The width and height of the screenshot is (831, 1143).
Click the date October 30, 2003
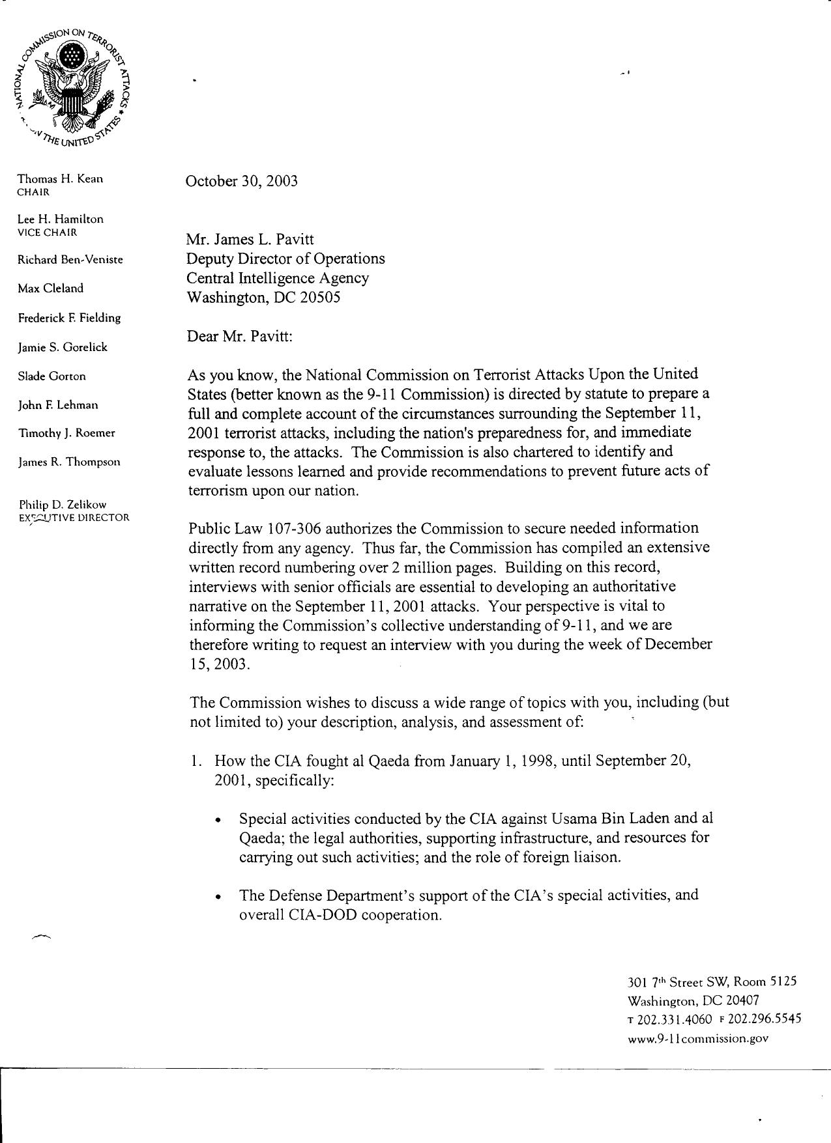click(x=241, y=181)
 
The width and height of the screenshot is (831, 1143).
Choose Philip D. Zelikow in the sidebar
click(x=62, y=504)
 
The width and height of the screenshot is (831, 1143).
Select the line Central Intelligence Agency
click(x=278, y=278)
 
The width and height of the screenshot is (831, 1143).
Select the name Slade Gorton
click(x=51, y=376)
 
